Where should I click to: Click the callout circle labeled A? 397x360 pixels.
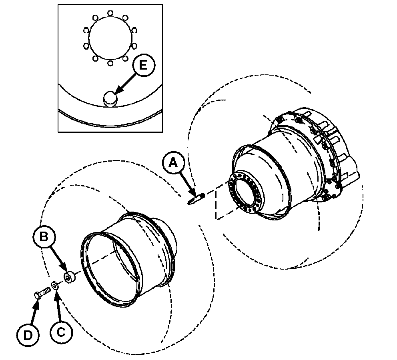tap(173, 163)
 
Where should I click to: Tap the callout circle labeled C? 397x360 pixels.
tap(61, 332)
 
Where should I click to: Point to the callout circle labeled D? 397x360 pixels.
tap(28, 335)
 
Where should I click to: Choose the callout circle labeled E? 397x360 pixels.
tap(143, 65)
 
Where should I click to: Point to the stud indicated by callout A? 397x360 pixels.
tap(196, 197)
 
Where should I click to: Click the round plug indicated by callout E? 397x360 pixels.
tap(110, 99)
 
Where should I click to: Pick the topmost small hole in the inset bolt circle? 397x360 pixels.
tap(110, 13)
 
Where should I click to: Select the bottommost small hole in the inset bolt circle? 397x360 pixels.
tap(110, 63)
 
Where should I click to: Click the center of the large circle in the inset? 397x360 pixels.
tap(110, 38)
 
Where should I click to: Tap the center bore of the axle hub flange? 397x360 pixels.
tap(245, 192)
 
